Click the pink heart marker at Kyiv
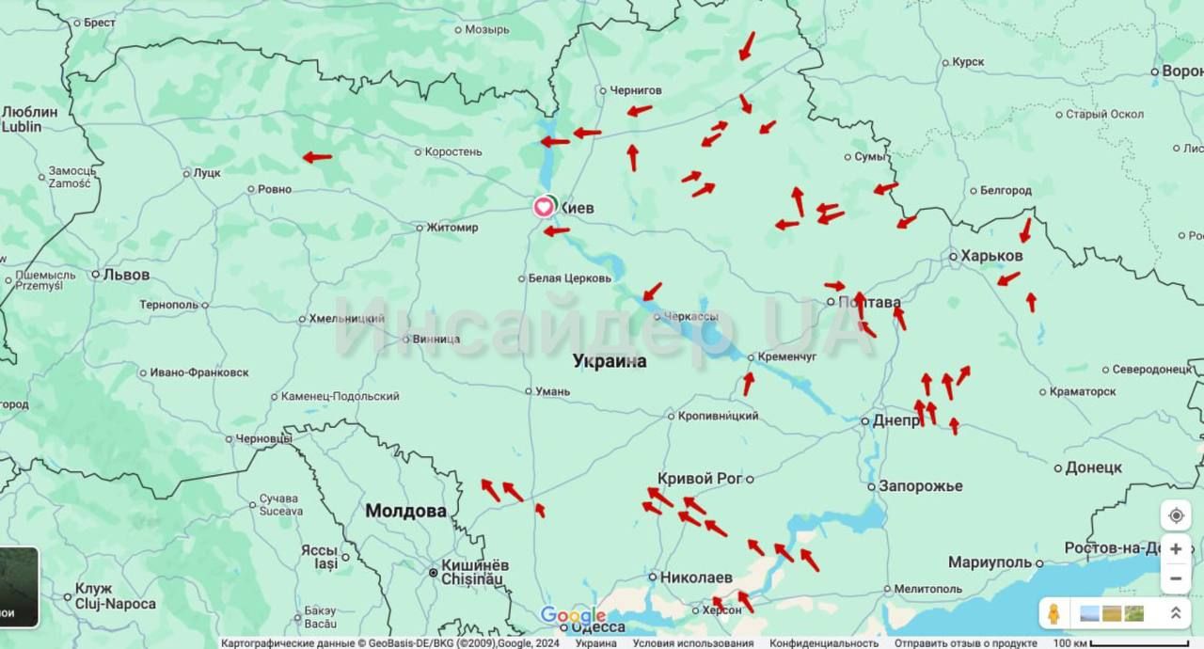(544, 207)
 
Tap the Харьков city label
(991, 255)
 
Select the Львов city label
(126, 275)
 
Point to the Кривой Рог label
(700, 479)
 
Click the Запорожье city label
(920, 486)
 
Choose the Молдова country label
(405, 511)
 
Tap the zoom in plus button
(1176, 548)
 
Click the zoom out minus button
(1176, 578)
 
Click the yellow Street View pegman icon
(1055, 613)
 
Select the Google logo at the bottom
(573, 616)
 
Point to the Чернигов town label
(635, 90)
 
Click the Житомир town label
(451, 227)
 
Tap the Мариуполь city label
(990, 562)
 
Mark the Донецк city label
(1093, 467)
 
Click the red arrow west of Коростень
(317, 157)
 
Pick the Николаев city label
(695, 577)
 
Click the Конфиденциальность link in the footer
(824, 643)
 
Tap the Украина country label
(610, 361)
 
